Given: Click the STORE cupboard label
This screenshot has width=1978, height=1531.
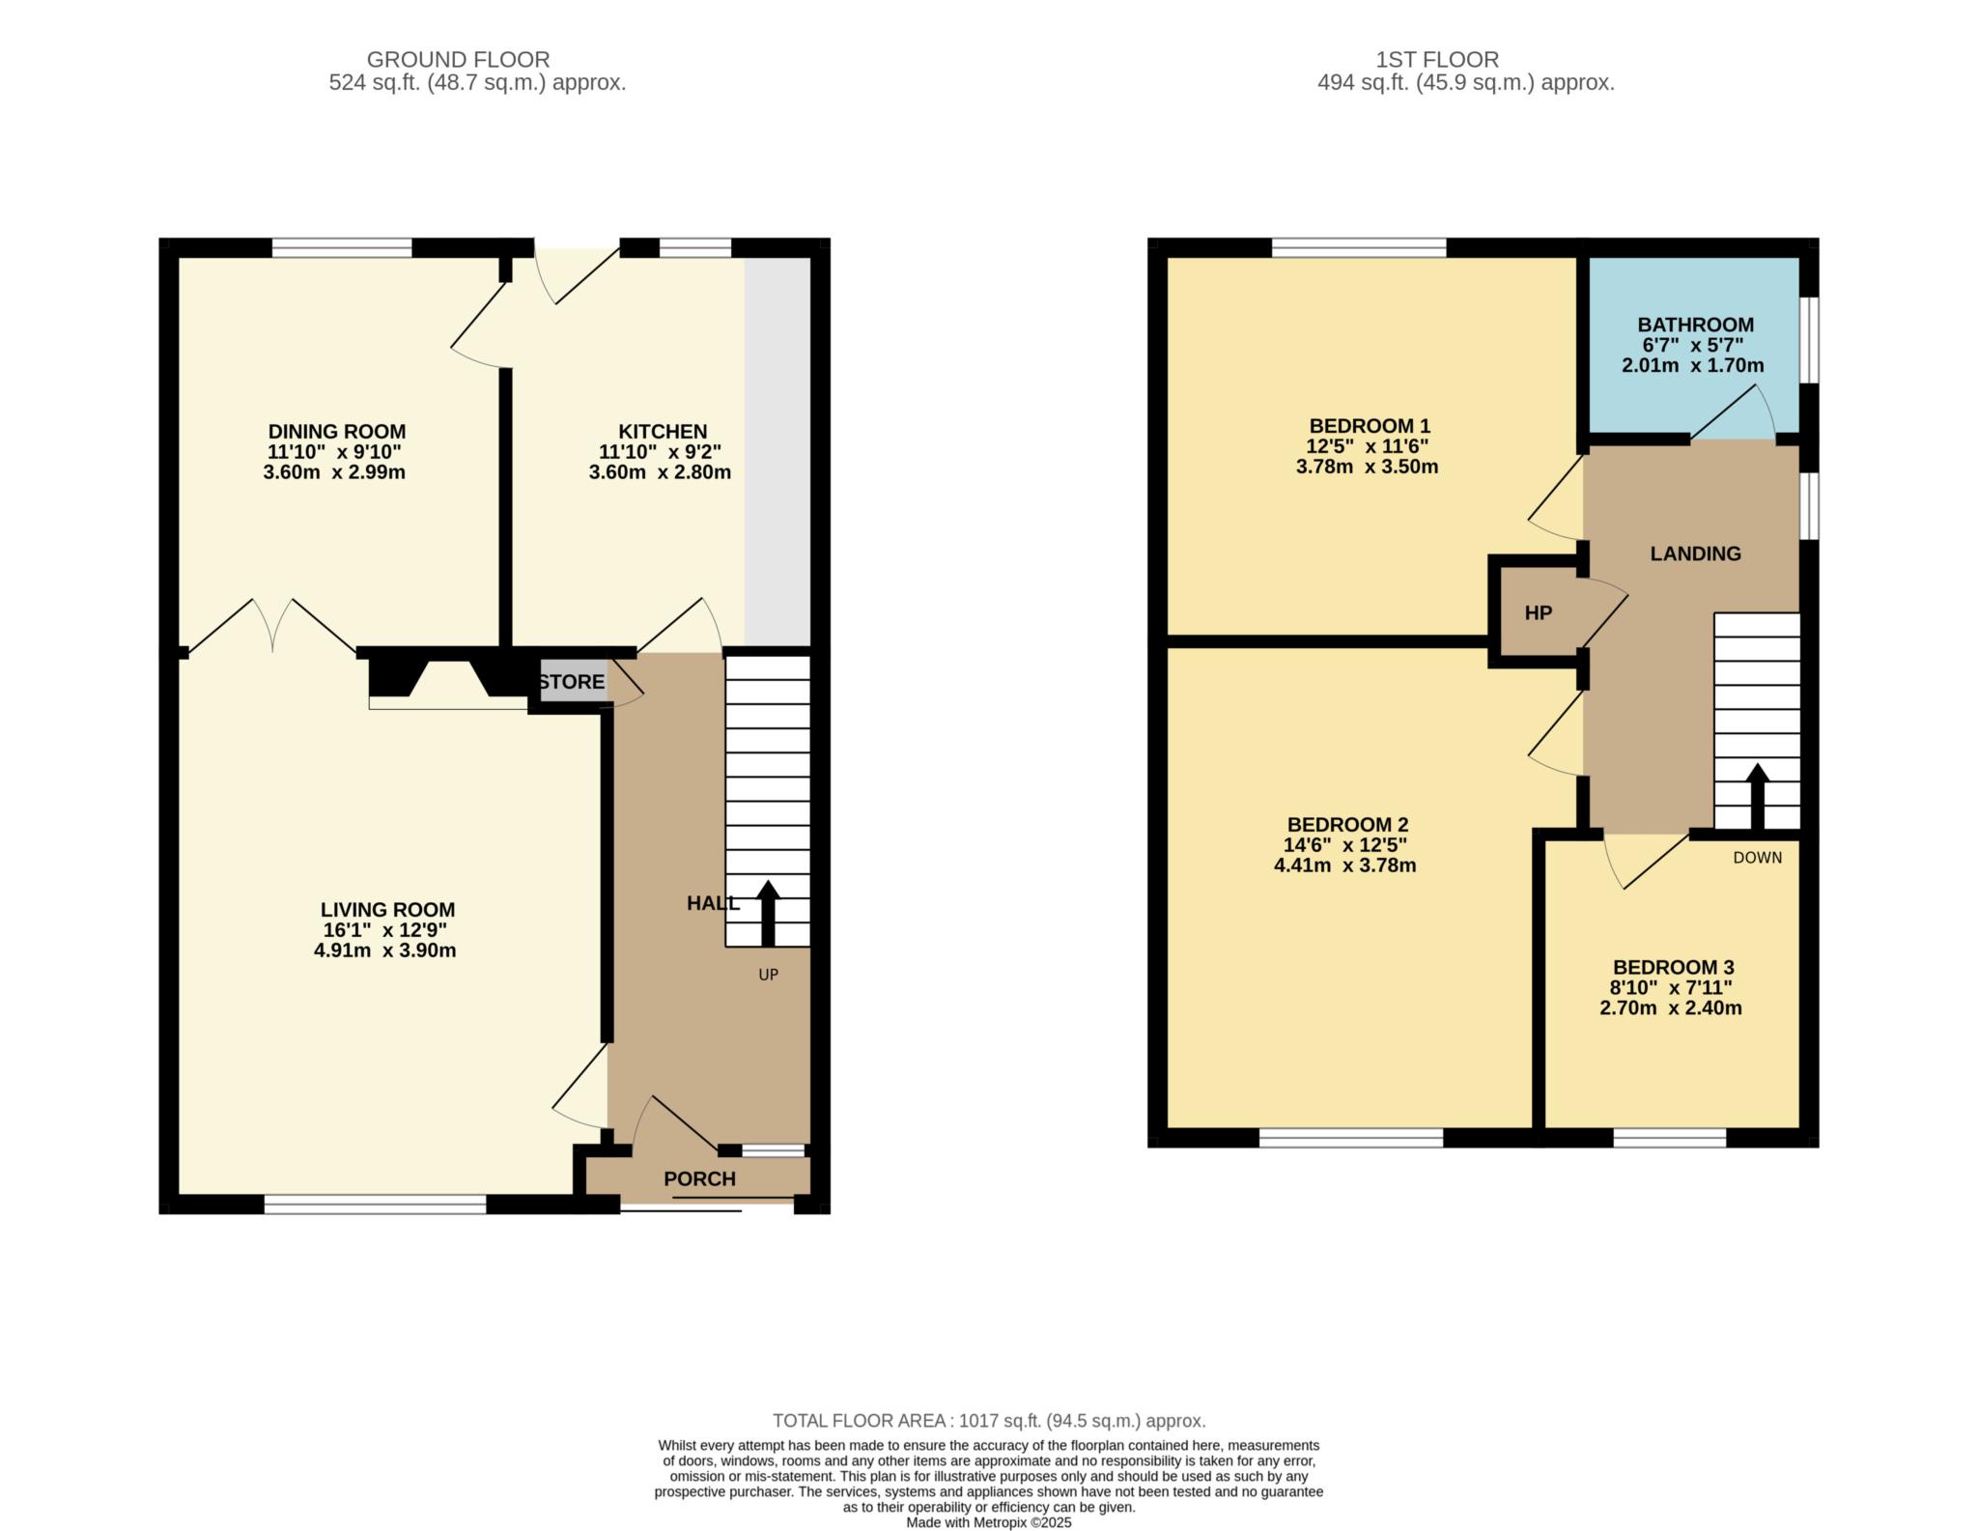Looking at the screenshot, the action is (x=572, y=682).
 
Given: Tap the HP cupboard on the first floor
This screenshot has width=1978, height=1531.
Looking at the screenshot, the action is (x=1539, y=612).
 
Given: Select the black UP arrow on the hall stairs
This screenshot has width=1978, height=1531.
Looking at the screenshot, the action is (x=768, y=913).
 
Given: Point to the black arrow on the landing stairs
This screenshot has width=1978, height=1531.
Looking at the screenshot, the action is (x=1757, y=797).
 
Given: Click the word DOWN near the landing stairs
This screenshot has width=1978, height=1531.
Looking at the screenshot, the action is (x=1758, y=858).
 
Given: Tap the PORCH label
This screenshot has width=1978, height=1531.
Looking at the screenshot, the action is (x=699, y=1179).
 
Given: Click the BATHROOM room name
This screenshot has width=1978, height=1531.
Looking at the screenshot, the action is (x=1696, y=325).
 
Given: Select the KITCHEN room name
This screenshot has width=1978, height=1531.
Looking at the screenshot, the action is (x=663, y=432).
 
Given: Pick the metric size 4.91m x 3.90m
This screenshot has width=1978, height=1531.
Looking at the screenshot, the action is (x=385, y=950).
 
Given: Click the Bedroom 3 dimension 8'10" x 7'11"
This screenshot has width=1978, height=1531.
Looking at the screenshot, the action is (x=1671, y=988).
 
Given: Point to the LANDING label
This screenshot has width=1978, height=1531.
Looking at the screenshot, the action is (x=1696, y=553).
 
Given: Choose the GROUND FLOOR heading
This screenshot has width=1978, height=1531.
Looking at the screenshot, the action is (x=458, y=60).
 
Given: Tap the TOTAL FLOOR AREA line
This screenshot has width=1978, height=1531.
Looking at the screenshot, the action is (x=989, y=1421).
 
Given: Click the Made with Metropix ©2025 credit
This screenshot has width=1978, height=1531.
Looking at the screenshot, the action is (x=989, y=1523).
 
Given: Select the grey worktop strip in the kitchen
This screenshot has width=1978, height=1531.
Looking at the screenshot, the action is (x=777, y=451).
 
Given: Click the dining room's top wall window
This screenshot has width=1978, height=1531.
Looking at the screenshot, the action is (x=342, y=247).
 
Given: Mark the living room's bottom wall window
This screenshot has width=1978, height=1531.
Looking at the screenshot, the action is (x=375, y=1204).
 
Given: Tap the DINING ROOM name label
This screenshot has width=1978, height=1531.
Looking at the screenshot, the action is (x=336, y=432).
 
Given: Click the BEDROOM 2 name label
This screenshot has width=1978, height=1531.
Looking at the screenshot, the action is (x=1347, y=825).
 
